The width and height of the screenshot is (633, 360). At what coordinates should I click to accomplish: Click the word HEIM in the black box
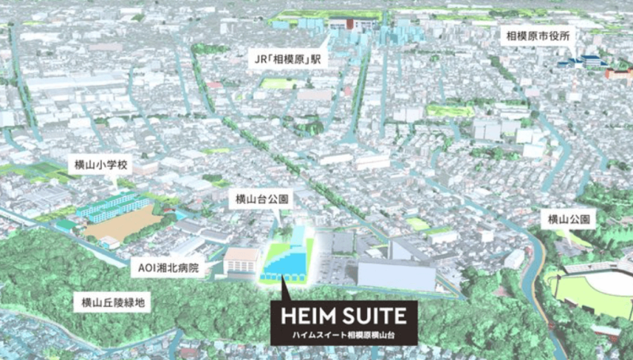click(310, 316)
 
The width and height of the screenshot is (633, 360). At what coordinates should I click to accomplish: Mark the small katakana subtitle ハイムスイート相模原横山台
click(340, 336)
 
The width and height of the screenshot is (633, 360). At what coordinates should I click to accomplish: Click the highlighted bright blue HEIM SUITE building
click(289, 257)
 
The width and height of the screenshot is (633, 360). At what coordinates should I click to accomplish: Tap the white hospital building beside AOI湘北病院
click(242, 261)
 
